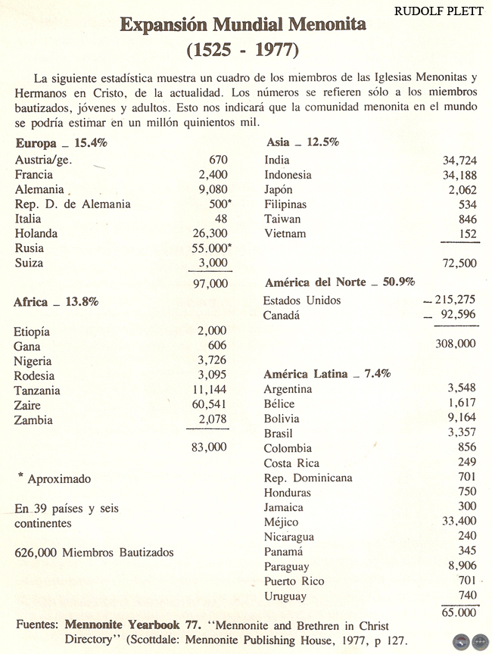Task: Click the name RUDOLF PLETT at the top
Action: (x=438, y=11)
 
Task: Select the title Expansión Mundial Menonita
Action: (x=243, y=26)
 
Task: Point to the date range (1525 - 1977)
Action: (x=243, y=51)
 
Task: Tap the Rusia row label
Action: (x=29, y=248)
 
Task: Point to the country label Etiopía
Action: (x=32, y=332)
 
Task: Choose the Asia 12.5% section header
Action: (x=303, y=142)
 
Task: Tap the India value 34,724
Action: (x=459, y=160)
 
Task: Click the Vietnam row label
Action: (x=285, y=234)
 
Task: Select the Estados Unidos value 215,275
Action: (x=454, y=301)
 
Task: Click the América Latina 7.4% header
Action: (x=327, y=374)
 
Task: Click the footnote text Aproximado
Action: (x=59, y=479)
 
